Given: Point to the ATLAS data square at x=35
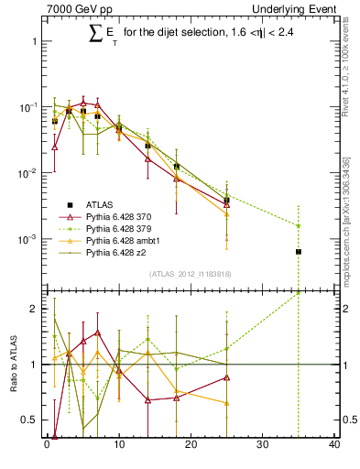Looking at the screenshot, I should click(299, 251).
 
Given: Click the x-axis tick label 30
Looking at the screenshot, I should click(262, 446).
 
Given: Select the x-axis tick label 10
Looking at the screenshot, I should click(118, 446).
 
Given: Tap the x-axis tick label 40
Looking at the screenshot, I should click(333, 446).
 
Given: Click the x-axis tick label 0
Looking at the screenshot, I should click(47, 446).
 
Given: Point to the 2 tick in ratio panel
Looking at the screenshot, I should click(31, 309).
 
